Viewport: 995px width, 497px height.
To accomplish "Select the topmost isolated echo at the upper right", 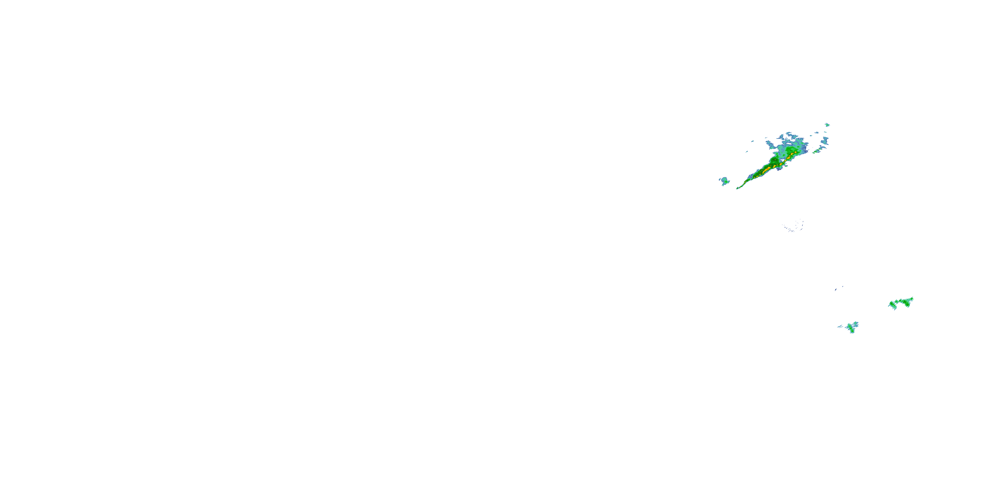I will (x=827, y=125).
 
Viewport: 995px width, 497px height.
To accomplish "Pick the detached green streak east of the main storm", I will (x=816, y=151).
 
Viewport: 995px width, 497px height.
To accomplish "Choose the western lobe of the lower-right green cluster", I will (x=892, y=305).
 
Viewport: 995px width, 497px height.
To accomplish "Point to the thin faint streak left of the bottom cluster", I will (x=840, y=326).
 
